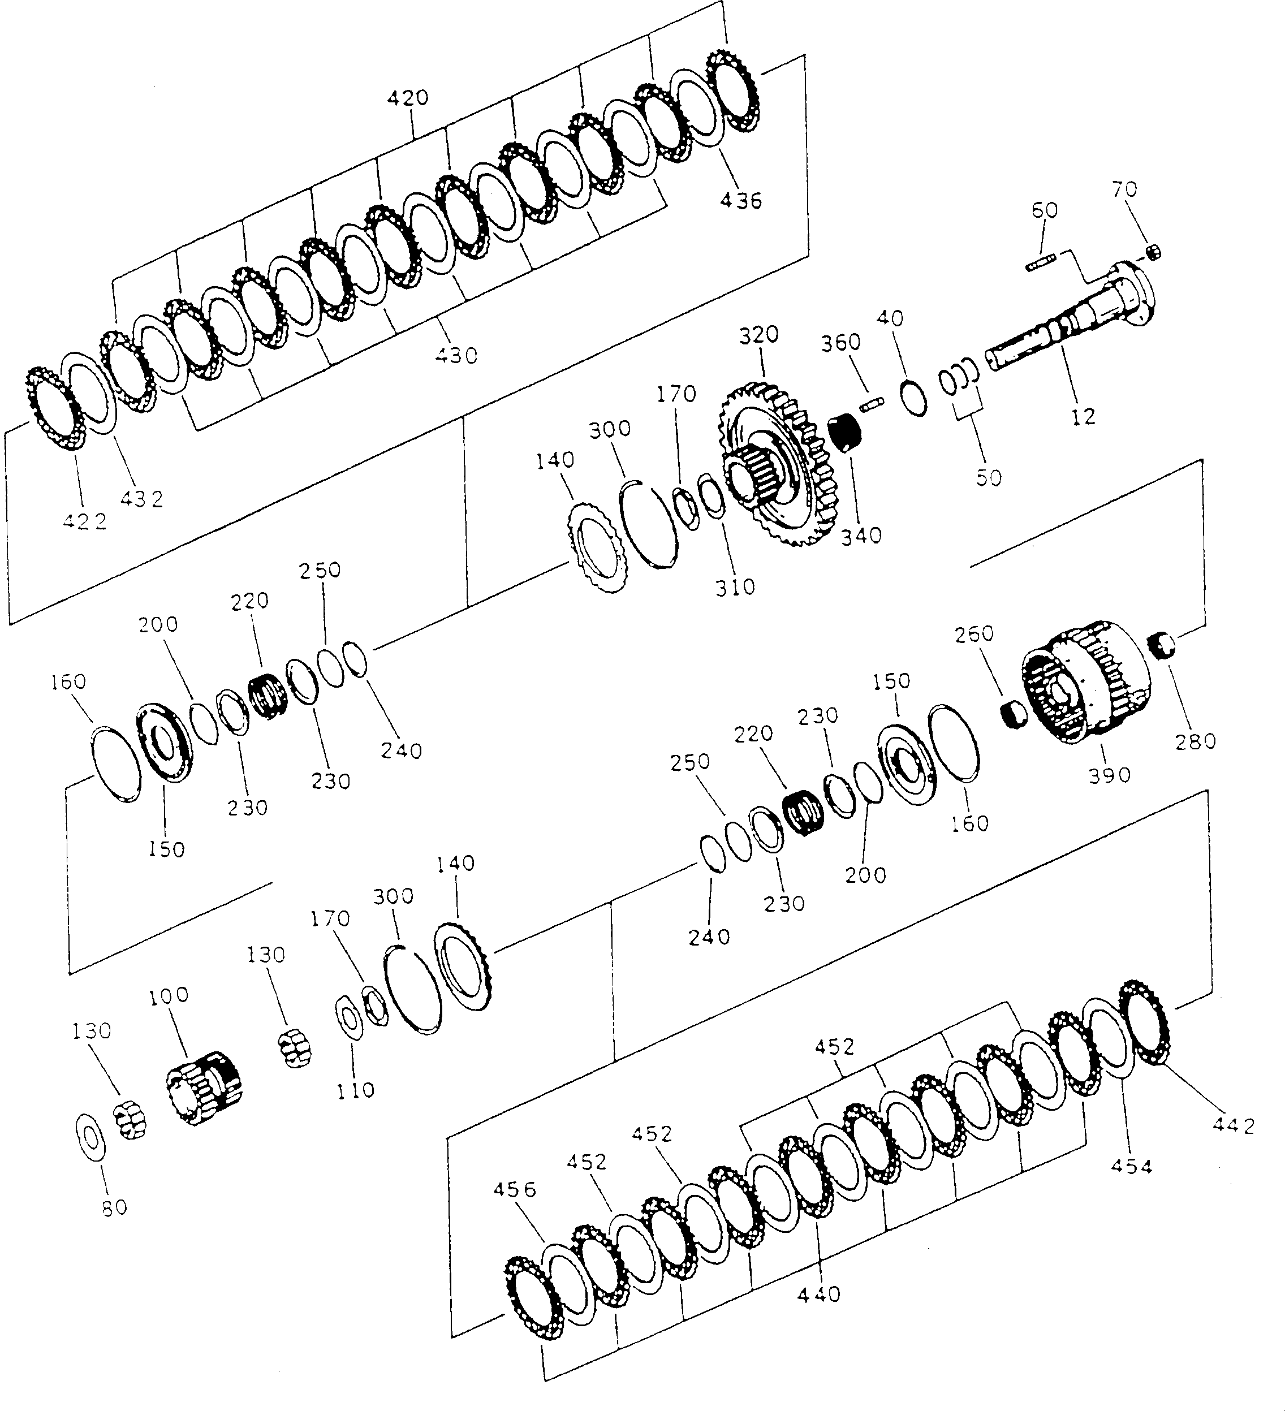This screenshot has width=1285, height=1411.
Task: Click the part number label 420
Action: [x=408, y=98]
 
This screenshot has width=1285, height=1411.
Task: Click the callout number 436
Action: [x=741, y=201]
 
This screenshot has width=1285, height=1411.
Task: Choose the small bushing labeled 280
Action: [x=1164, y=644]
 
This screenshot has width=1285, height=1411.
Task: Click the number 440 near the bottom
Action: [x=819, y=1295]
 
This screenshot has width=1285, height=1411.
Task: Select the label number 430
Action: [x=456, y=356]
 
